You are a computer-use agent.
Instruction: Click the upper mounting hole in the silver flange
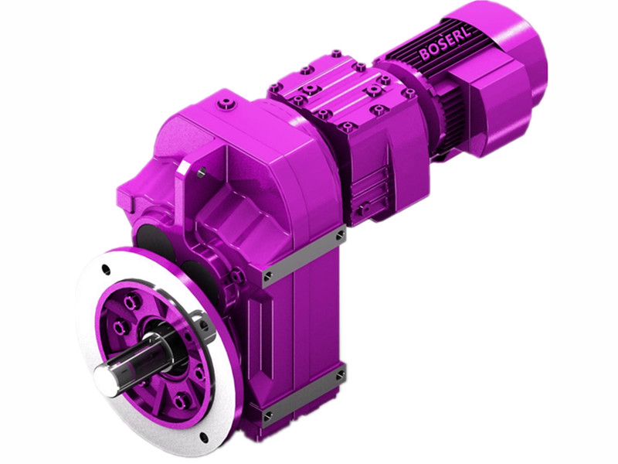pyautogui.click(x=105, y=270)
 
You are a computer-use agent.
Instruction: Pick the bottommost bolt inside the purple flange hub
pyautogui.click(x=179, y=401)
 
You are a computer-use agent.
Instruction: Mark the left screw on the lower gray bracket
pyautogui.click(x=267, y=418)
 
